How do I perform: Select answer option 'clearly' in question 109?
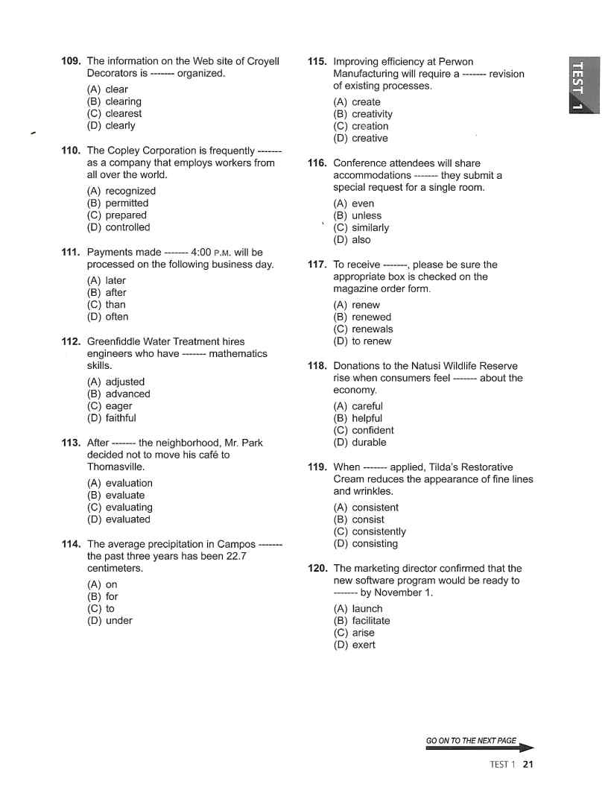point(120,126)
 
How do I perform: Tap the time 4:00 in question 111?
point(204,253)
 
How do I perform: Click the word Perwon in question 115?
point(456,62)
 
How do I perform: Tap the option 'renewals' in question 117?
point(372,329)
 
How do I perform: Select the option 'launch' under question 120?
point(367,609)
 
